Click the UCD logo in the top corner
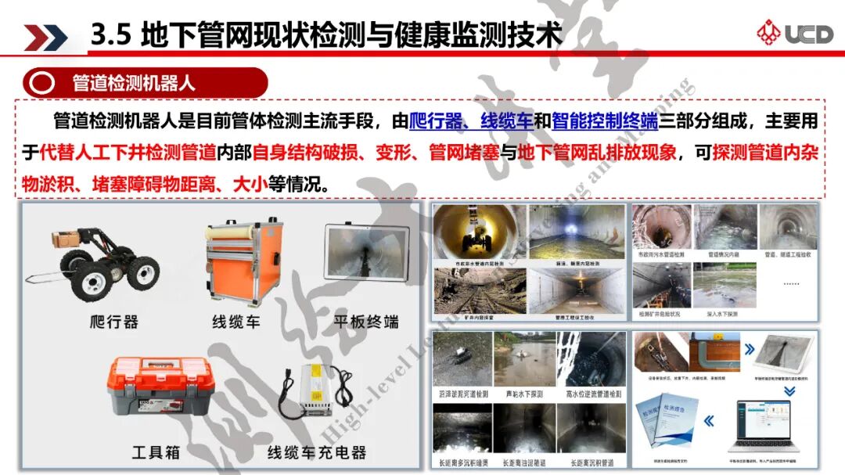click(790, 32)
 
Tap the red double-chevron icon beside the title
click(45, 37)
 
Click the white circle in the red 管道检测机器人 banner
click(44, 83)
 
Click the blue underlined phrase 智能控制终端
click(604, 121)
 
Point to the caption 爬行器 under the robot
click(113, 322)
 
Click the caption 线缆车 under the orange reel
click(236, 322)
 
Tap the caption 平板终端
click(366, 322)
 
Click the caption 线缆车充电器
click(317, 452)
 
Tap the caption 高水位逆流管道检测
click(593, 394)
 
